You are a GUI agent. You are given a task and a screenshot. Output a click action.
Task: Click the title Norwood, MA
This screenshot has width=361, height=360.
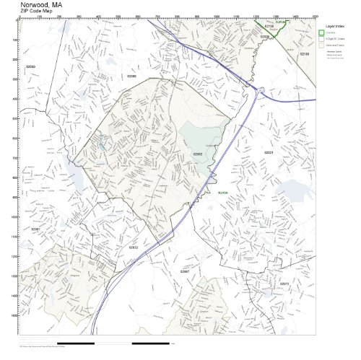coord(42,4)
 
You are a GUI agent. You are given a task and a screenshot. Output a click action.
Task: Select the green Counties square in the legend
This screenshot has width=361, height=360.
coord(322,32)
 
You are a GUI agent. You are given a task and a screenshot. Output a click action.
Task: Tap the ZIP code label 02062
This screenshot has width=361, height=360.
coord(197,154)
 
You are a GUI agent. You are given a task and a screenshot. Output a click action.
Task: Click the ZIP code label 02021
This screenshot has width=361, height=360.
coord(269,153)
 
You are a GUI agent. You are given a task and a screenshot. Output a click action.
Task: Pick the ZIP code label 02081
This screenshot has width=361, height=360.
coord(35,229)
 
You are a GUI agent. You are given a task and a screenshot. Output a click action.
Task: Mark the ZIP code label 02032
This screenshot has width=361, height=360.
coord(133,247)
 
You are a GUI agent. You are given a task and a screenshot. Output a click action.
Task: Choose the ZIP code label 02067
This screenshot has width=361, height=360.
coord(184,271)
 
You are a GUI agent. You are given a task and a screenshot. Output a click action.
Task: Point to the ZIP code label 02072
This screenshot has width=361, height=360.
coord(284,284)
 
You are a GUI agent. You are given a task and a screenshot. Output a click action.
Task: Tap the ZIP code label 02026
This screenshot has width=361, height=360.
coord(264,36)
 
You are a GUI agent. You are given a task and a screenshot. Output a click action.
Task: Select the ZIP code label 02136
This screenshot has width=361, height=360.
coord(269,26)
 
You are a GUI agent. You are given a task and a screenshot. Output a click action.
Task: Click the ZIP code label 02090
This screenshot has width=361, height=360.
coord(131,75)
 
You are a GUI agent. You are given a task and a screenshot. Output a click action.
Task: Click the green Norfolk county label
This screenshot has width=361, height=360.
coord(222,192)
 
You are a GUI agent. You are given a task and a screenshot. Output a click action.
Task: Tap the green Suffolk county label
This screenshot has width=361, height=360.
coord(282,22)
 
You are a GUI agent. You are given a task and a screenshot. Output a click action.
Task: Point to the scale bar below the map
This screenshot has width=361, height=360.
coord(113,343)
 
